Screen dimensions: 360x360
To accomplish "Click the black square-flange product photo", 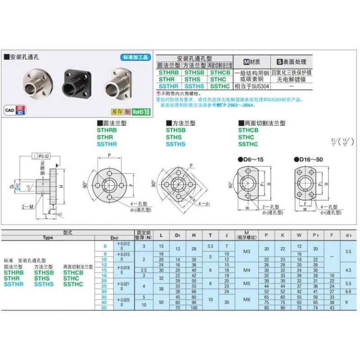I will [x=75, y=82].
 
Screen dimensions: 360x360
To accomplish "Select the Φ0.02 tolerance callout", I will [x=41, y=156].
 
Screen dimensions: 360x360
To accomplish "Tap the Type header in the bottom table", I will [x=48, y=238].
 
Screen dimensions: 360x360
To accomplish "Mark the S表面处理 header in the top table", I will [x=291, y=62].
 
